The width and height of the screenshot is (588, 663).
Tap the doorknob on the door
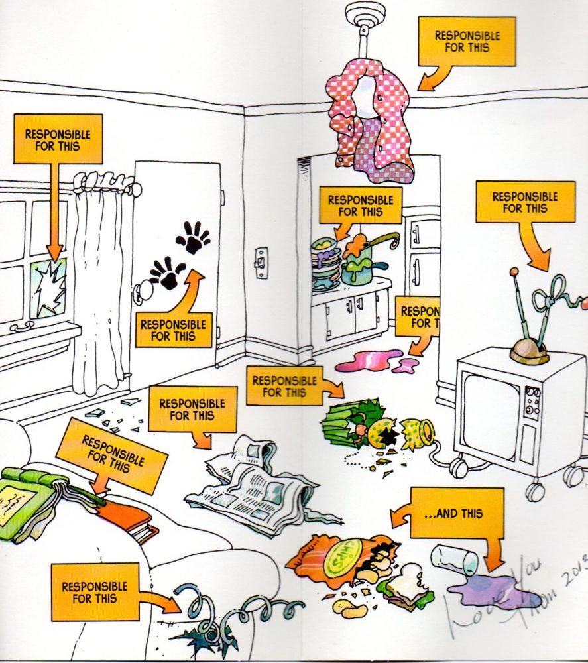[142, 291]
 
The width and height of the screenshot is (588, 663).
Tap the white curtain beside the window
[99, 285]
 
